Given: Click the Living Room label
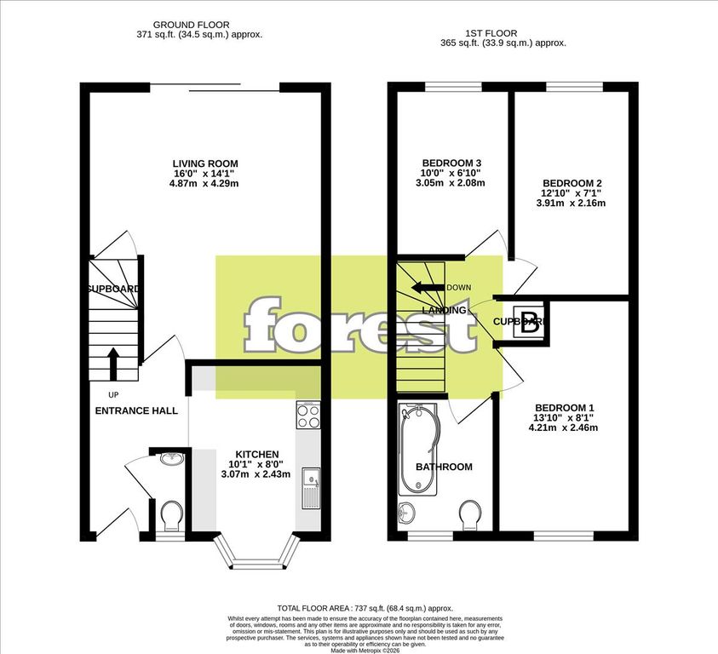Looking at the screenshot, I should coord(205,163).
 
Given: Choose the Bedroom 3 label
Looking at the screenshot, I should coord(452,163).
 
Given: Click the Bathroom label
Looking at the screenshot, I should coord(444,467).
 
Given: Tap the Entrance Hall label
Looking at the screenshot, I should coord(136,410).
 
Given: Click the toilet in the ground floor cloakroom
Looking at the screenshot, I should coord(171,514).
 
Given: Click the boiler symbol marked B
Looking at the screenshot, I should coord(530,321).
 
